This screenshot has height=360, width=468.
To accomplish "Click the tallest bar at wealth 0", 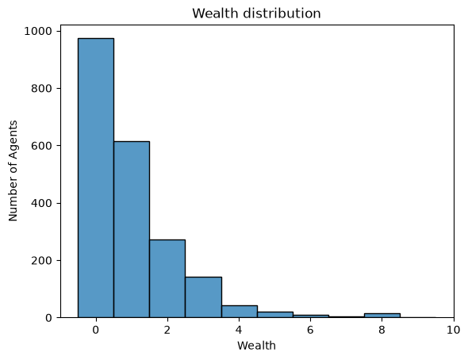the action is click(x=96, y=178).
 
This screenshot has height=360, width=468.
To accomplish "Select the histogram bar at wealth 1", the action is click(x=132, y=229).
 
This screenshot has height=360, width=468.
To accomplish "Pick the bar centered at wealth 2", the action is click(x=167, y=278).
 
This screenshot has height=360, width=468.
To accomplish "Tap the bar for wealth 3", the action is click(x=203, y=297).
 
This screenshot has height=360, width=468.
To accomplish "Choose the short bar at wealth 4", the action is click(x=240, y=312).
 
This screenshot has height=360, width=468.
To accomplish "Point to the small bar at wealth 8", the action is click(x=382, y=316).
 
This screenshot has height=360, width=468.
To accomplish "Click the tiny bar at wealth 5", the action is click(x=275, y=315).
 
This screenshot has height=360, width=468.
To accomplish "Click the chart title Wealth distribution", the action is click(x=256, y=13).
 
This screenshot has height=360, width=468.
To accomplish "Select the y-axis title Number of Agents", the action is click(x=13, y=171).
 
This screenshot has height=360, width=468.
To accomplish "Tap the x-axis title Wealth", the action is click(x=256, y=346).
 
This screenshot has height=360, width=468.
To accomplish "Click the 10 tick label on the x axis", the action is click(x=454, y=330).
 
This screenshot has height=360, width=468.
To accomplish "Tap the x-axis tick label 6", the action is click(x=310, y=330).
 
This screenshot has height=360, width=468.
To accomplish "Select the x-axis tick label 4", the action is click(x=239, y=330).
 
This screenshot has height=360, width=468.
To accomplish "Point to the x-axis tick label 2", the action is click(x=167, y=330).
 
